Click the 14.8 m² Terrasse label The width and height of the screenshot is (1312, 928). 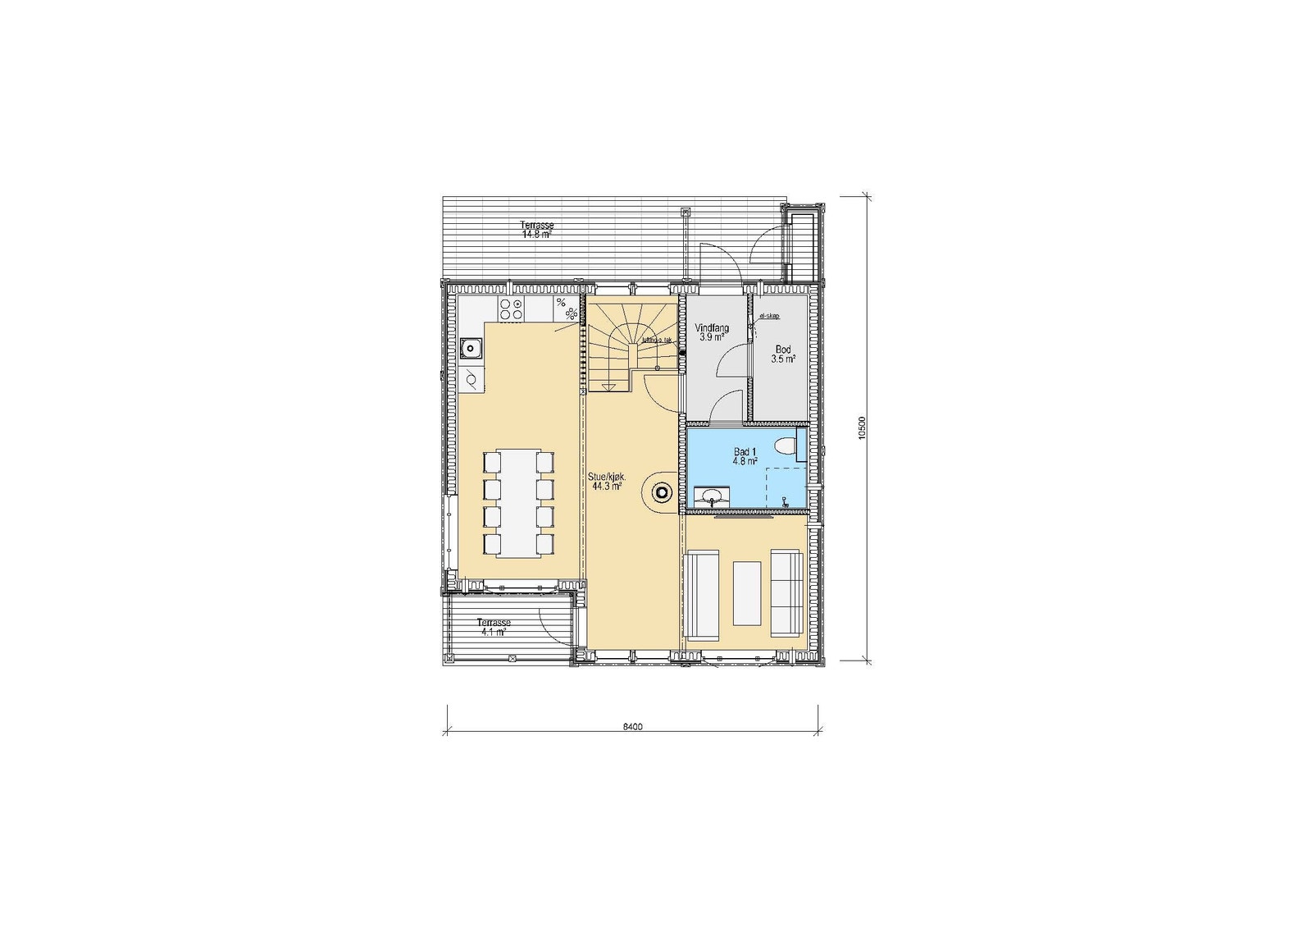537,229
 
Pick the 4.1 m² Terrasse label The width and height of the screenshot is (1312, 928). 494,627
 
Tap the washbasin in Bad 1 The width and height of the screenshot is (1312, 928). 710,496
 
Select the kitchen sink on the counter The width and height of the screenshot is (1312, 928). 471,349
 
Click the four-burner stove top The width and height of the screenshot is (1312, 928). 512,309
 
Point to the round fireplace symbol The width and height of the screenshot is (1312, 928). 661,492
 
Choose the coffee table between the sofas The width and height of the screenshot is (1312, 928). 747,593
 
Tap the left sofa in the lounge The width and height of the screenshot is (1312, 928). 701,595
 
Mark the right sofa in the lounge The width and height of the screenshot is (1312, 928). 786,592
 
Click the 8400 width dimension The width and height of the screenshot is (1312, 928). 631,727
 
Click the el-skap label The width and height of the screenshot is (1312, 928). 769,315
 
